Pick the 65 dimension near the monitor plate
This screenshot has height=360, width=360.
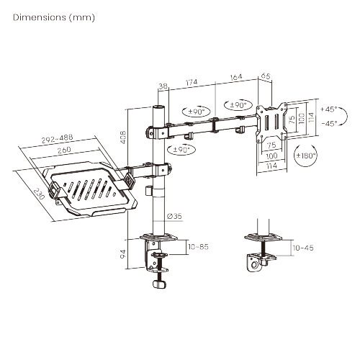264,74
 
